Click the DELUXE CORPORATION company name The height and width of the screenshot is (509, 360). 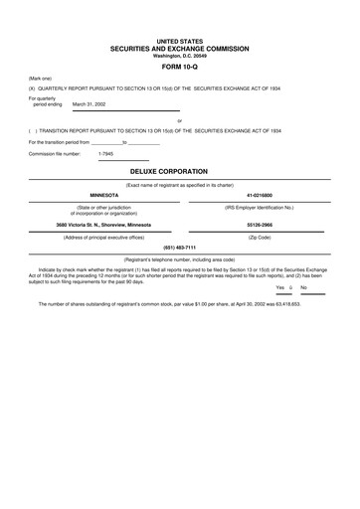[179, 171]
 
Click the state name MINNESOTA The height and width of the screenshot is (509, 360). [107, 195]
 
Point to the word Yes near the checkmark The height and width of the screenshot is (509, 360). [279, 287]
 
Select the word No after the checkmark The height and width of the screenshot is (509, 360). [303, 287]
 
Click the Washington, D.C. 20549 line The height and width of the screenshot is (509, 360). [179, 56]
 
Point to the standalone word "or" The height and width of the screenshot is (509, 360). [179, 120]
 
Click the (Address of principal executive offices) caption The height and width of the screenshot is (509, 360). [107, 238]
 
